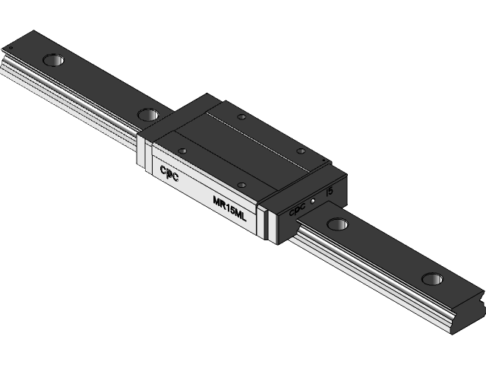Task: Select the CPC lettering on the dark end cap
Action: coord(297,210)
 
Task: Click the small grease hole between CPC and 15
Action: coord(313,201)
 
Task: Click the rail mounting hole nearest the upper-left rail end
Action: coord(53,59)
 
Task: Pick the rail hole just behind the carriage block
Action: coord(148,114)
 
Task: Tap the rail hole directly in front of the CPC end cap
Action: coord(337,224)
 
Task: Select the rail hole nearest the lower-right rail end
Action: coord(432,279)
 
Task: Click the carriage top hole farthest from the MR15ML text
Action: coord(241,116)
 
